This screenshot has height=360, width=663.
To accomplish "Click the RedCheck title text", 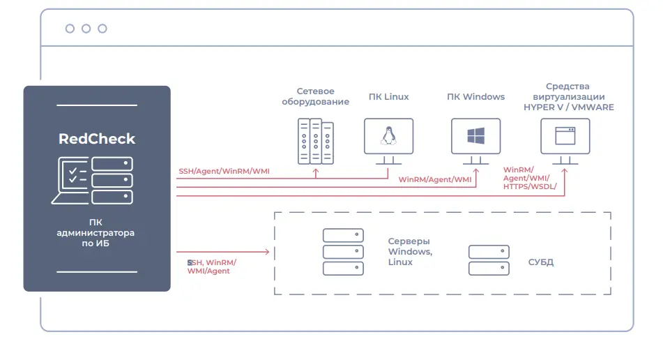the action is pos(97,139).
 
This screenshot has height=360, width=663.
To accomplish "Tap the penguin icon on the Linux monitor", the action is pos(388,136).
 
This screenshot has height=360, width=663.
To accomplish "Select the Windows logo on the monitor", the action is pos(475,136).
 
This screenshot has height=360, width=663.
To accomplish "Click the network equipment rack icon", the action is pos(315,142).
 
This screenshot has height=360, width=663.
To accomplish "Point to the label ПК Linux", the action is pos(388,97).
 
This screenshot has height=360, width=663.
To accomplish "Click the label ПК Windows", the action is pos(475,97).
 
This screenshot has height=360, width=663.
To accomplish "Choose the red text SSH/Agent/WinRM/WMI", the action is pos(224,172).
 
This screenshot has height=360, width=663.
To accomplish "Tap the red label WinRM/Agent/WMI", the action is pos(435,180).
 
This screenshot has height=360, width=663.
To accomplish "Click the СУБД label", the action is pos(541,262).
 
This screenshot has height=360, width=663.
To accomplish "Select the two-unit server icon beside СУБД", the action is pos(489,260).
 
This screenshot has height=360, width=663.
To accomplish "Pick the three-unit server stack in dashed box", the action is pos(343,252).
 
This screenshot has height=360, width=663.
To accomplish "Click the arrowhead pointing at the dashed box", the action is pos(267,252).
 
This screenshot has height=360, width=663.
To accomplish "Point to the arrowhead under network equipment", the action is pos(315,172).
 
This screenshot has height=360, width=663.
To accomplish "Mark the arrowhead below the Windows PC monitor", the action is pos(475,172).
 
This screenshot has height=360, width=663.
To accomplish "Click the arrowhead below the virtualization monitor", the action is pos(565,172).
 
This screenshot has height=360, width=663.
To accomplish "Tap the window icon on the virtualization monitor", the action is pos(565,136).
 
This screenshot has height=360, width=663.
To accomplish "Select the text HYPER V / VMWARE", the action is pos(569,107).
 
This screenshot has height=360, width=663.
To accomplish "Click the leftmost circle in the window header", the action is pos(70,29).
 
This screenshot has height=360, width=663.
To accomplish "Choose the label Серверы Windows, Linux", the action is pos(410,252).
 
